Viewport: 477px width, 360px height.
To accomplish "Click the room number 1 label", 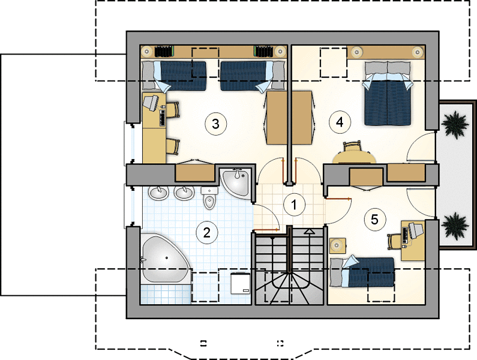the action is pyautogui.click(x=294, y=205).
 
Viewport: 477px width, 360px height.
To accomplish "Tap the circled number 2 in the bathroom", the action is pyautogui.click(x=207, y=233).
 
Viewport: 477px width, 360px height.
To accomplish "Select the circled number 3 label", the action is pyautogui.click(x=215, y=124).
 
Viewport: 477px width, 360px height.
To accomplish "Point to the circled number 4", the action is pyautogui.click(x=340, y=122).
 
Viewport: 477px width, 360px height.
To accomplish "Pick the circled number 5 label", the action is pyautogui.click(x=374, y=220).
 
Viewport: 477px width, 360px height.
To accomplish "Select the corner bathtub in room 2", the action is pyautogui.click(x=165, y=259).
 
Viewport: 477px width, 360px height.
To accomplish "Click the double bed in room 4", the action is pyautogui.click(x=387, y=94).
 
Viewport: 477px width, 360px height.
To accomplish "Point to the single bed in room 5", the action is pyautogui.click(x=362, y=272).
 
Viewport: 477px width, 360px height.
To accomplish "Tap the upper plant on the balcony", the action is pyautogui.click(x=455, y=124).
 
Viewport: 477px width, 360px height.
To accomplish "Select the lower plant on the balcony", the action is pyautogui.click(x=455, y=226).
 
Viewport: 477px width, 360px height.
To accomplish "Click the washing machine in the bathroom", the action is pyautogui.click(x=241, y=283).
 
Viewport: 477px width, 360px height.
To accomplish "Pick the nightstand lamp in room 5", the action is pyautogui.click(x=337, y=245).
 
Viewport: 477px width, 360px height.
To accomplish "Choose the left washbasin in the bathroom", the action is pyautogui.click(x=158, y=193).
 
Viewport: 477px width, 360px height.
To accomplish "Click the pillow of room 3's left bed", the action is pyautogui.click(x=148, y=75).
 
